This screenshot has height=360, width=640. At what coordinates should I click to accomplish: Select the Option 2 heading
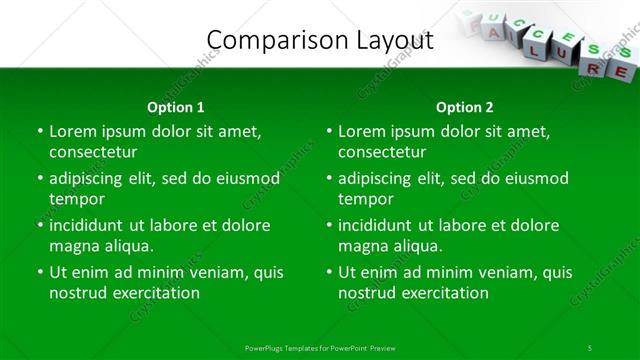[x=464, y=107]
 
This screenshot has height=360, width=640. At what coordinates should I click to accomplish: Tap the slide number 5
[x=589, y=348]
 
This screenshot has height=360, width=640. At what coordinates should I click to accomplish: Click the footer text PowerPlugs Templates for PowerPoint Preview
[x=320, y=348]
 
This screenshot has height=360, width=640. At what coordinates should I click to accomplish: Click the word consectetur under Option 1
[x=93, y=152]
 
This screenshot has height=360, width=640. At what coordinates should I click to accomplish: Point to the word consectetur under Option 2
[x=382, y=152]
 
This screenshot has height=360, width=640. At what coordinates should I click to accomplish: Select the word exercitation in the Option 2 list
[x=442, y=293]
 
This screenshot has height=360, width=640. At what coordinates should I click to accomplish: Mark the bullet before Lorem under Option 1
[x=40, y=131]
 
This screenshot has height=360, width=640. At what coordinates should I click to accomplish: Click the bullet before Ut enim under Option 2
[x=329, y=272]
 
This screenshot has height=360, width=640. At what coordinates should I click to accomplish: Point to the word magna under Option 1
[x=73, y=246]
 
